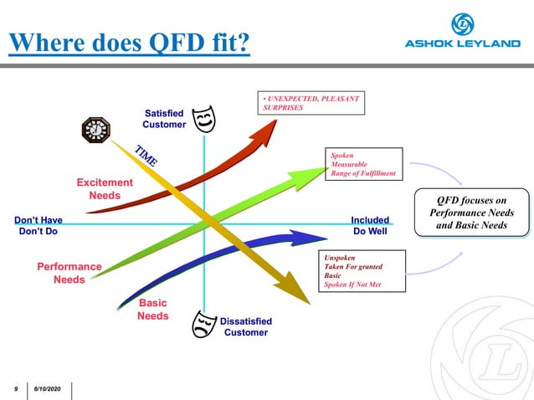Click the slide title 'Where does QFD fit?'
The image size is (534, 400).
point(130,42)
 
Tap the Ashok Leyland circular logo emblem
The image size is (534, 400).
point(463,23)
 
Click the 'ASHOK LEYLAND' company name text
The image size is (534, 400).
point(463,44)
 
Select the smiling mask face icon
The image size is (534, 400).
point(203,119)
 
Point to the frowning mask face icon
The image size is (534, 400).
point(203,324)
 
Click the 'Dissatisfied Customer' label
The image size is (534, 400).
point(245,326)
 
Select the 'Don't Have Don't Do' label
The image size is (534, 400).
point(38,226)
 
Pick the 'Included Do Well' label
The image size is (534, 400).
point(370,226)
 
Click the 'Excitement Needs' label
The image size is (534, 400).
point(105,189)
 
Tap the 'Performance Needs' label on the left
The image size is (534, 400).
point(69,273)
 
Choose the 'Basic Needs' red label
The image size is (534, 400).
point(153,310)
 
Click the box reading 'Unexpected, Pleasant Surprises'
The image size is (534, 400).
point(312,103)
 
